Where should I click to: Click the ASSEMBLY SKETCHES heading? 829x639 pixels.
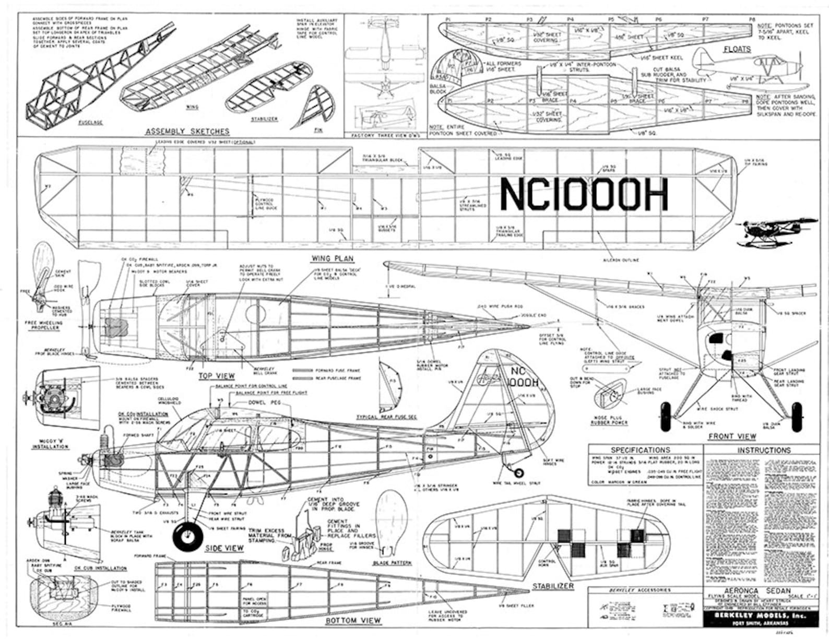click(187, 131)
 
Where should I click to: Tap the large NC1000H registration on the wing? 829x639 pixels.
click(584, 194)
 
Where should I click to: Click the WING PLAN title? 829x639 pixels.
click(332, 258)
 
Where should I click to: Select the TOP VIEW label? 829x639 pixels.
click(217, 376)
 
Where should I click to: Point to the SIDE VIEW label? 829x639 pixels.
click(224, 548)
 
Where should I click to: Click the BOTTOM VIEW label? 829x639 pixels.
click(353, 620)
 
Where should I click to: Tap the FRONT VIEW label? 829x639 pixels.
click(731, 436)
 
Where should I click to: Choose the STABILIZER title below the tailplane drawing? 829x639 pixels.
click(553, 586)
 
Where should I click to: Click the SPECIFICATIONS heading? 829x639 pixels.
click(640, 450)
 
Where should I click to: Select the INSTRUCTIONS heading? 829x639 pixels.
click(764, 450)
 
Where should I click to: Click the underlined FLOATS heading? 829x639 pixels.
click(737, 49)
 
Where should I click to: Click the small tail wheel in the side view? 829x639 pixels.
click(518, 473)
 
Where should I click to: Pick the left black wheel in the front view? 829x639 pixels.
click(666, 416)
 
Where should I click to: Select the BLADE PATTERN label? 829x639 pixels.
click(392, 563)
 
